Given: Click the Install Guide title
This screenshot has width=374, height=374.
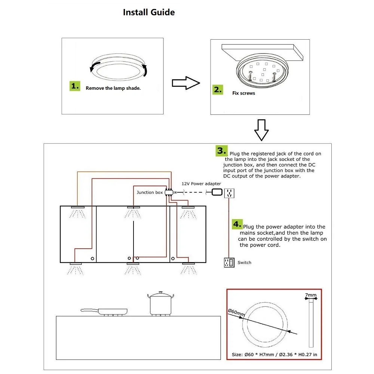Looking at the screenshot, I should pos(149,12).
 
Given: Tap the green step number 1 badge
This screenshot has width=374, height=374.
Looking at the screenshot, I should pos(75,86).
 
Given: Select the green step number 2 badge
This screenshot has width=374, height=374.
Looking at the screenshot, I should pos(218,89).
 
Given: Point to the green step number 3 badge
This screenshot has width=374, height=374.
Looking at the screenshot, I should pos(221,151).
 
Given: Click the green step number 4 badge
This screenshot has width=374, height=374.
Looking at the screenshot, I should pos(237,224).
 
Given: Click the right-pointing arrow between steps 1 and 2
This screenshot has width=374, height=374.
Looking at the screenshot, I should pos(186,83).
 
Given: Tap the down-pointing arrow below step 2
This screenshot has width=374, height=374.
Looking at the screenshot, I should pos(261,130).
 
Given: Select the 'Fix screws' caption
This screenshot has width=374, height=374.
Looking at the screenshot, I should pos(243,93).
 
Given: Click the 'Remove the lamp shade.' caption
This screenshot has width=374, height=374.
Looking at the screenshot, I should pos(113,89).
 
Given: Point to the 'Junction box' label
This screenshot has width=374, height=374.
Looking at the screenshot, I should pos(150,193).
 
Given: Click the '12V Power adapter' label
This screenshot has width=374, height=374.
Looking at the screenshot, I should pos(201,184).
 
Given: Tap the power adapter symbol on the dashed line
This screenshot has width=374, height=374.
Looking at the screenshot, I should pos(217,192).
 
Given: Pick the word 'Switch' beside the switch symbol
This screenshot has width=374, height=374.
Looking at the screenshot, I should pos(245,263).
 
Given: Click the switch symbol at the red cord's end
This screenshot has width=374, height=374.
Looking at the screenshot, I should pos(229,263).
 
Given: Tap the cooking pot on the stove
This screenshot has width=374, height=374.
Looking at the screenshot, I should pos(161,303).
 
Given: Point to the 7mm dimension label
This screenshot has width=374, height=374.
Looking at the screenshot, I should pos(311,295).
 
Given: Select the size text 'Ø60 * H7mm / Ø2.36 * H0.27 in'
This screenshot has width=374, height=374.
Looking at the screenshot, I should pos(274,354).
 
